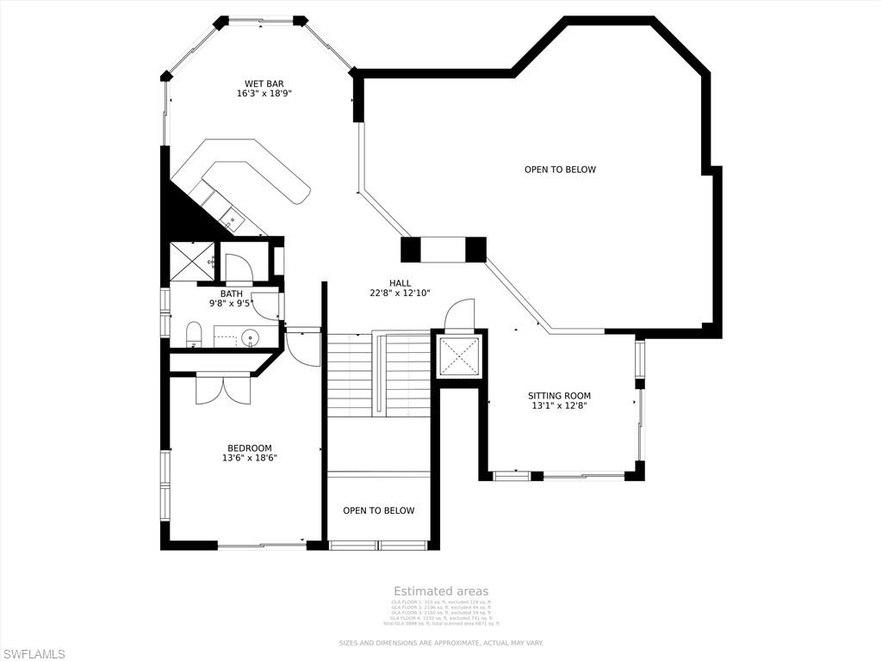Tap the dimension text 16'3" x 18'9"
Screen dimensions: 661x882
[264, 94]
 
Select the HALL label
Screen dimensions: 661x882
[400, 283]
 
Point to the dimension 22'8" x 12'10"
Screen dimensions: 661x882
[400, 293]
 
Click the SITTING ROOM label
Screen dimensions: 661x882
[559, 396]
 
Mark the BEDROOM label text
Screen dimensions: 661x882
[249, 448]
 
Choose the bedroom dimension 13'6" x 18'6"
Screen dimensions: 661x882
[249, 458]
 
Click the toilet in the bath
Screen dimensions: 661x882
[194, 334]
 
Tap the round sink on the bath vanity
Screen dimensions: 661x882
[251, 337]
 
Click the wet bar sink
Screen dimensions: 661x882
[232, 220]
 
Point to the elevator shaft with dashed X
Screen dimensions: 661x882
[458, 356]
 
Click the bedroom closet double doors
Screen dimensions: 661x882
[223, 388]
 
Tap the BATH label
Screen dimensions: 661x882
[231, 293]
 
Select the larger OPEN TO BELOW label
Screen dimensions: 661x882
[560, 170]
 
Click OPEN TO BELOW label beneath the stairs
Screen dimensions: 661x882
[378, 510]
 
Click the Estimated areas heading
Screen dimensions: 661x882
[441, 591]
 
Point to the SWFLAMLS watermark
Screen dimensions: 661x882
[34, 654]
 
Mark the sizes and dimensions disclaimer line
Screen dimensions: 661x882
[441, 643]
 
